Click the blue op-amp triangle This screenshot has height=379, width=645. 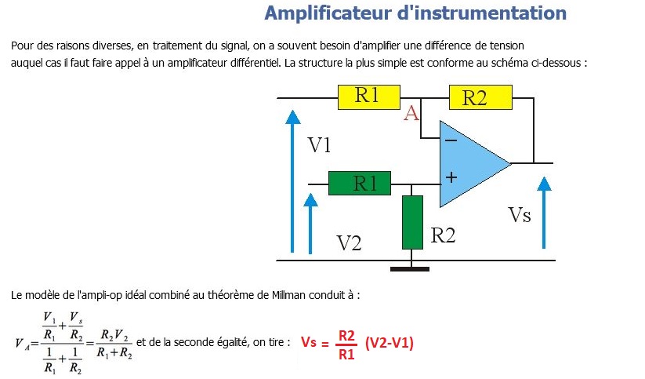pyautogui.click(x=470, y=163)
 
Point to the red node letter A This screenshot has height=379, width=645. pyautogui.click(x=411, y=115)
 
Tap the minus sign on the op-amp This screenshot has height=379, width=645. pyautogui.click(x=451, y=141)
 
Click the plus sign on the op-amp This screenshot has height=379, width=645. pyautogui.click(x=451, y=177)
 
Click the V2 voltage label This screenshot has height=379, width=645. pyautogui.click(x=349, y=242)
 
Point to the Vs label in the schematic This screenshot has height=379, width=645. pyautogui.click(x=520, y=215)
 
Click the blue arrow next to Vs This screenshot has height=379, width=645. pyautogui.click(x=544, y=213)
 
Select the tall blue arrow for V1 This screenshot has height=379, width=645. pyautogui.click(x=292, y=180)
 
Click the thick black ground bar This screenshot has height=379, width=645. pyautogui.click(x=410, y=269)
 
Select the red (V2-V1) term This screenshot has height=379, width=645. pyautogui.click(x=390, y=343)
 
